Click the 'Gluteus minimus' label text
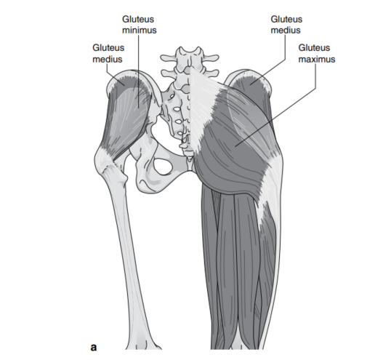139,25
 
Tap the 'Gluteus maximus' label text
316,53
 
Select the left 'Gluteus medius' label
108,53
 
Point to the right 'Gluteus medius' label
286,25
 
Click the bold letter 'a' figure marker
94,347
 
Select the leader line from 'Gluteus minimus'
139,71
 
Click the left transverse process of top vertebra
169,58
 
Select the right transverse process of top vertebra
211,58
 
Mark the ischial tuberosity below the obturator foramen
146,183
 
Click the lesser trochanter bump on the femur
124,177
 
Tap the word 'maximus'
317,59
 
